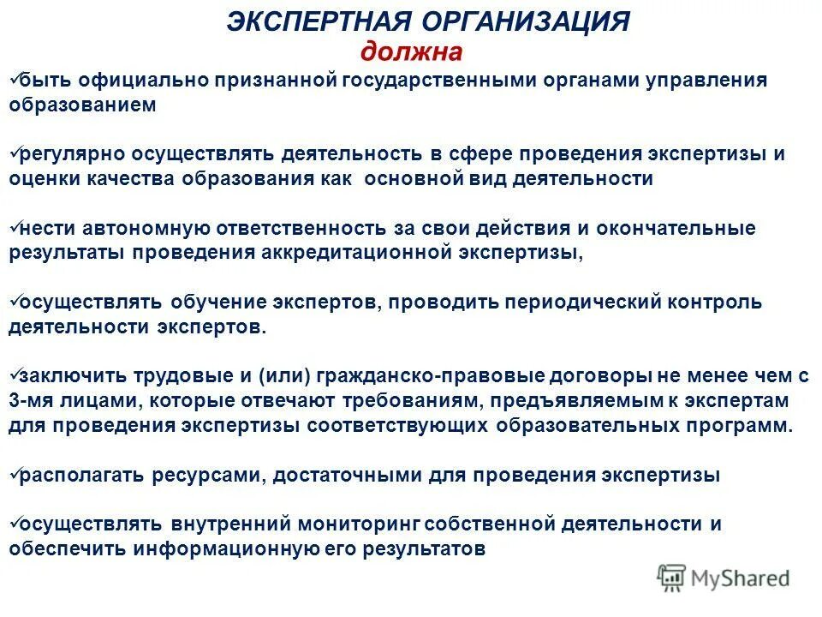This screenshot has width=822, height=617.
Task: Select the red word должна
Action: click(x=411, y=51)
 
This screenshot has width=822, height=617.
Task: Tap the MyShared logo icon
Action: click(x=672, y=578)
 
